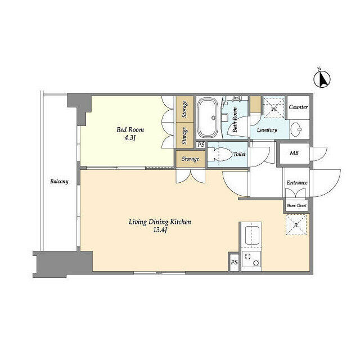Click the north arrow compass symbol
click(x=322, y=79)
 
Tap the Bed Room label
click(x=130, y=130)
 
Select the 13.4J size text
click(x=160, y=230)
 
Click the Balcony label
click(x=59, y=181)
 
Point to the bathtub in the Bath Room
click(x=208, y=118)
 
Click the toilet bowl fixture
click(x=220, y=154)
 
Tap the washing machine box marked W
click(x=274, y=107)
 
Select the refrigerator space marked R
click(x=296, y=225)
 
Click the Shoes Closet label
click(x=296, y=205)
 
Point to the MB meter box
click(x=294, y=153)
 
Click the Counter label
click(x=298, y=107)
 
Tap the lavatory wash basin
click(x=297, y=129)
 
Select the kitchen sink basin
click(x=252, y=235)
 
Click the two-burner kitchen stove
click(x=251, y=259)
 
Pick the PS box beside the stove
click(x=234, y=262)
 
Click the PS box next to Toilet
click(x=201, y=145)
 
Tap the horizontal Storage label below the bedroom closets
click(x=190, y=159)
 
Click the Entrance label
click(x=297, y=183)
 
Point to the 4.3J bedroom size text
click(x=130, y=138)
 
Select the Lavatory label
click(x=267, y=130)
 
